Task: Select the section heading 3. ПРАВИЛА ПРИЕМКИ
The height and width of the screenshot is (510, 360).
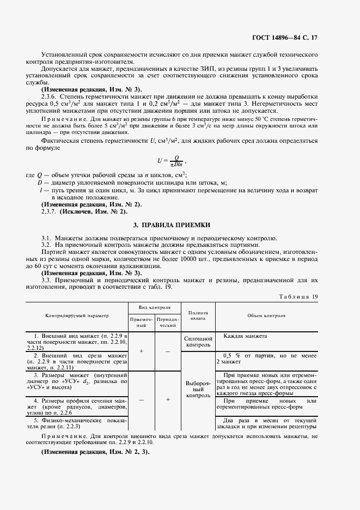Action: coord(179,225)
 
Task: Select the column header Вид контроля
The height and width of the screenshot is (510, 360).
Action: coord(155,307)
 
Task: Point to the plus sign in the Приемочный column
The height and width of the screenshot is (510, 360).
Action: coord(141,351)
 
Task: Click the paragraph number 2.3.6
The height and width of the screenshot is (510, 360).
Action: coord(50,96)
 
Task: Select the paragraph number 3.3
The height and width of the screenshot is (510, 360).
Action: coord(46,280)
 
